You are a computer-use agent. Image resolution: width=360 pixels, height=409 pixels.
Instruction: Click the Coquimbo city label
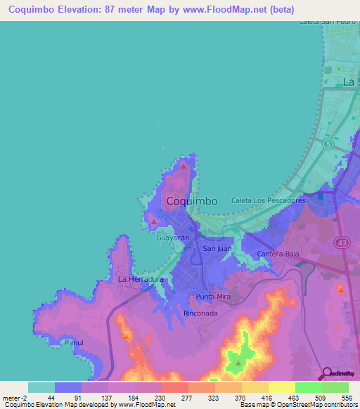point(192,201)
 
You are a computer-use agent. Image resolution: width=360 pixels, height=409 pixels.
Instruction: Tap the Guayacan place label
point(173,238)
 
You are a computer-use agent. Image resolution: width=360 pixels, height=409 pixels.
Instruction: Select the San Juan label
point(217,249)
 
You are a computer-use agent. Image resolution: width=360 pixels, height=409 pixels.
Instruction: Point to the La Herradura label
point(141,279)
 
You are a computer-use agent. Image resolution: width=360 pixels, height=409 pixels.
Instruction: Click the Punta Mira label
point(213,297)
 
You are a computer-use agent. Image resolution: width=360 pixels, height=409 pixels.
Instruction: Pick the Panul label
point(74,343)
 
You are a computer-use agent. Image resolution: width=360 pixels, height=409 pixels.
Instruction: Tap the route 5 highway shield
point(328,143)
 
